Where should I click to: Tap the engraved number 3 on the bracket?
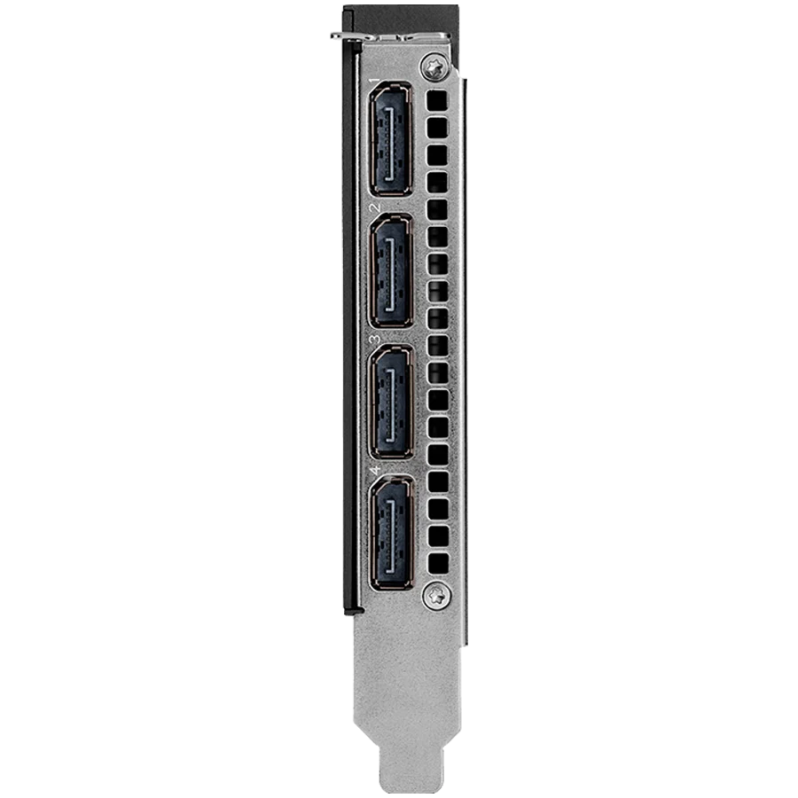click(x=376, y=340)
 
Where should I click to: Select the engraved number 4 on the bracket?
click(x=376, y=470)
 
